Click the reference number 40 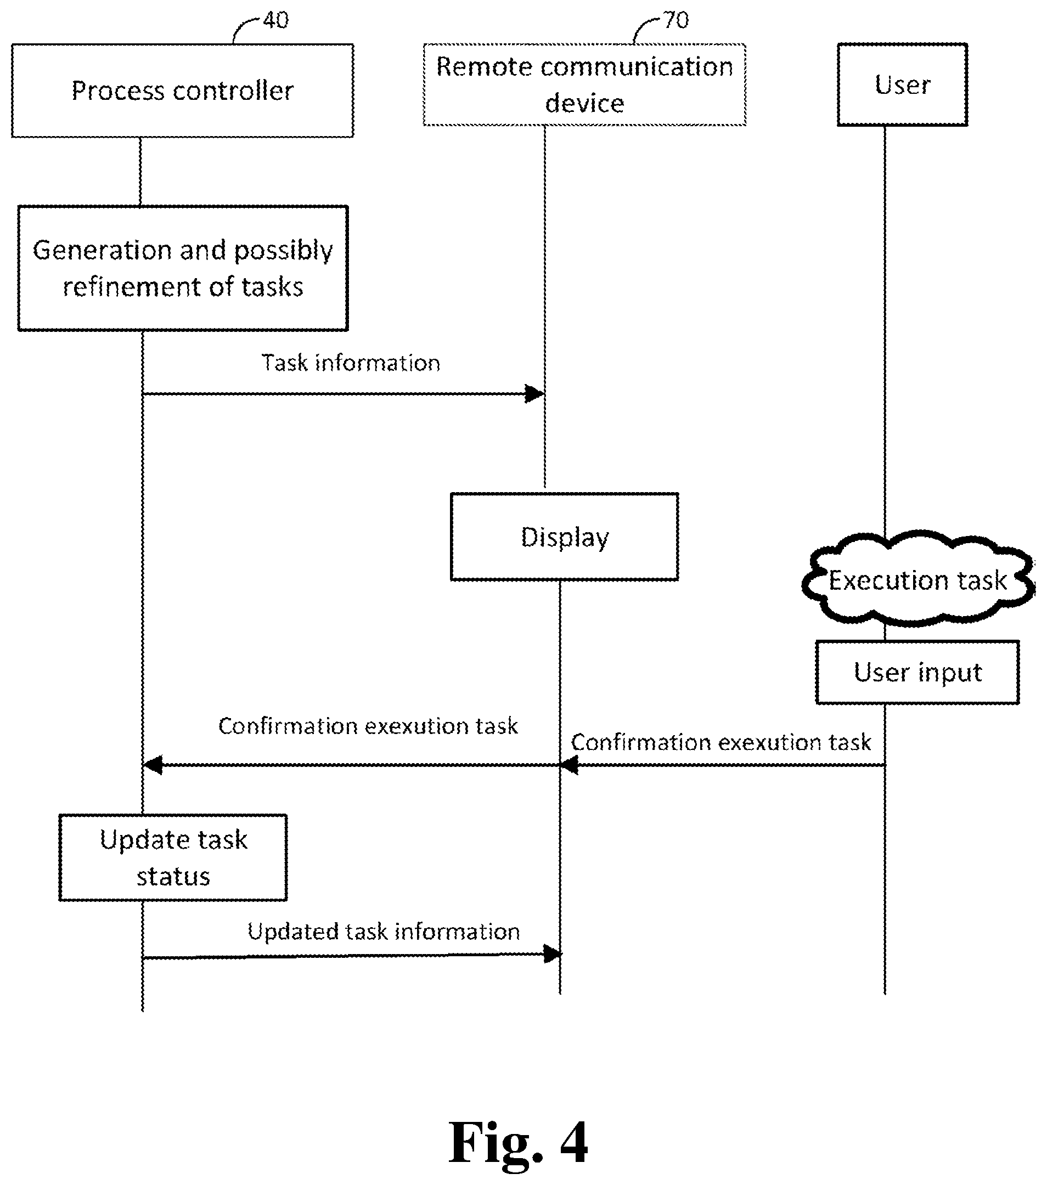pos(275,21)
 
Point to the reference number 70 pos(676,21)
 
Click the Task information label pos(351,363)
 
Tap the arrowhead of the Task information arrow pos(534,394)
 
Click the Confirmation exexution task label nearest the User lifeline pos(721,742)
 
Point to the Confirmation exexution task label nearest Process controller pos(368,726)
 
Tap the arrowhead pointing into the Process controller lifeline pos(153,765)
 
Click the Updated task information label pos(384,932)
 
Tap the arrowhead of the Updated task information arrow pos(553,953)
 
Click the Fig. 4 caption pos(518,1143)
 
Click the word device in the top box pos(584,103)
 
